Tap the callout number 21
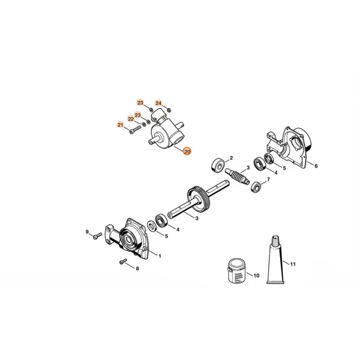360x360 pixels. pos(120,125)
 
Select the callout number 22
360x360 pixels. pos(130,118)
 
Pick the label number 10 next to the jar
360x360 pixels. pos(257,276)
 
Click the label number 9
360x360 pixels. pos(86,231)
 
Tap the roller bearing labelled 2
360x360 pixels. pos(216,164)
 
